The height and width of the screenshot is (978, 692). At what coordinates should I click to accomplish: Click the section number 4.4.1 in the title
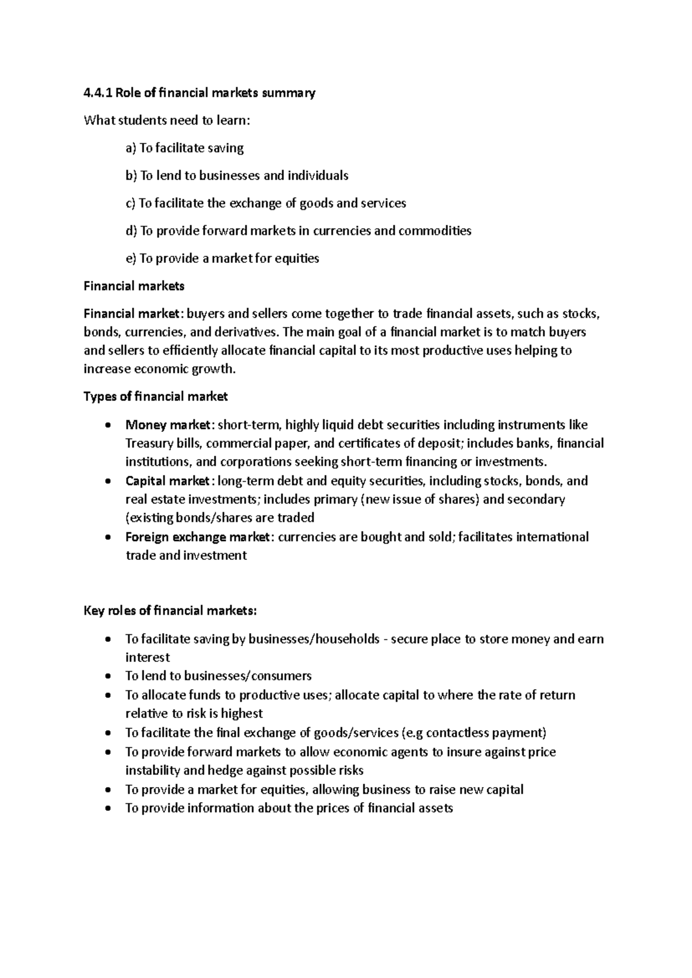97,93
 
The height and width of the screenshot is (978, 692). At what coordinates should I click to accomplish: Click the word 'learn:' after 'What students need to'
234,121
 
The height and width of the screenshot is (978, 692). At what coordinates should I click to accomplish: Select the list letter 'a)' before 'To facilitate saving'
131,148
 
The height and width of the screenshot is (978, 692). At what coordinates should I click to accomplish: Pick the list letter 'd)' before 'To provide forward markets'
131,231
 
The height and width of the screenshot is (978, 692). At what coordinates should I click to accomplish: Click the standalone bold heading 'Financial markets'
134,286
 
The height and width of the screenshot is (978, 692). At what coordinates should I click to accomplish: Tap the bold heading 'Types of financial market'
156,397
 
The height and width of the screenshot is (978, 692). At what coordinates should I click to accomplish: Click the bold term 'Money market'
168,425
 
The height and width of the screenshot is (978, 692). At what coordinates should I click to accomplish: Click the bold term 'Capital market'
168,481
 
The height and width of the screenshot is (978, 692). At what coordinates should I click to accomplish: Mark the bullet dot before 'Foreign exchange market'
109,537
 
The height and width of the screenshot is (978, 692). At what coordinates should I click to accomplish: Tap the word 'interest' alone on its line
148,657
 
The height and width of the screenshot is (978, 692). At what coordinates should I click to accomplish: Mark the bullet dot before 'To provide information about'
109,808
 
